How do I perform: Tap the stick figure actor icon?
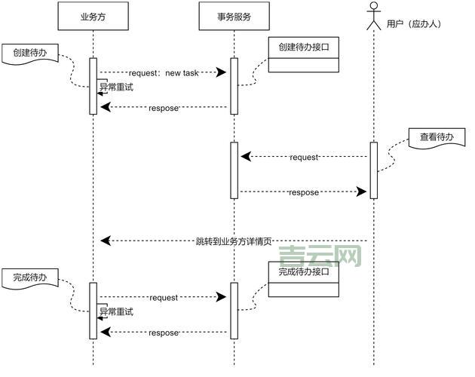pos(373,17)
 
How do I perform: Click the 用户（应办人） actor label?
pos(413,24)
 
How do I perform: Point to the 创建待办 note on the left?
pos(30,54)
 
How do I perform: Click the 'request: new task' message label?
pos(164,72)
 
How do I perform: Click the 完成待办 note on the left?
pos(30,278)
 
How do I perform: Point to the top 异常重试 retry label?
pos(117,87)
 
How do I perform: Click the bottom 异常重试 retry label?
pos(117,311)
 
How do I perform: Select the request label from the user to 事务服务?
pos(304,157)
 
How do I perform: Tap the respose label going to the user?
pos(304,192)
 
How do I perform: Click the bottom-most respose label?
pos(164,333)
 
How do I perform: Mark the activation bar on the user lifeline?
pos(373,170)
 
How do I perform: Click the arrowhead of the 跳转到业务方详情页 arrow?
pos(106,241)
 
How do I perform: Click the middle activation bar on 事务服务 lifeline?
pos(234,170)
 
